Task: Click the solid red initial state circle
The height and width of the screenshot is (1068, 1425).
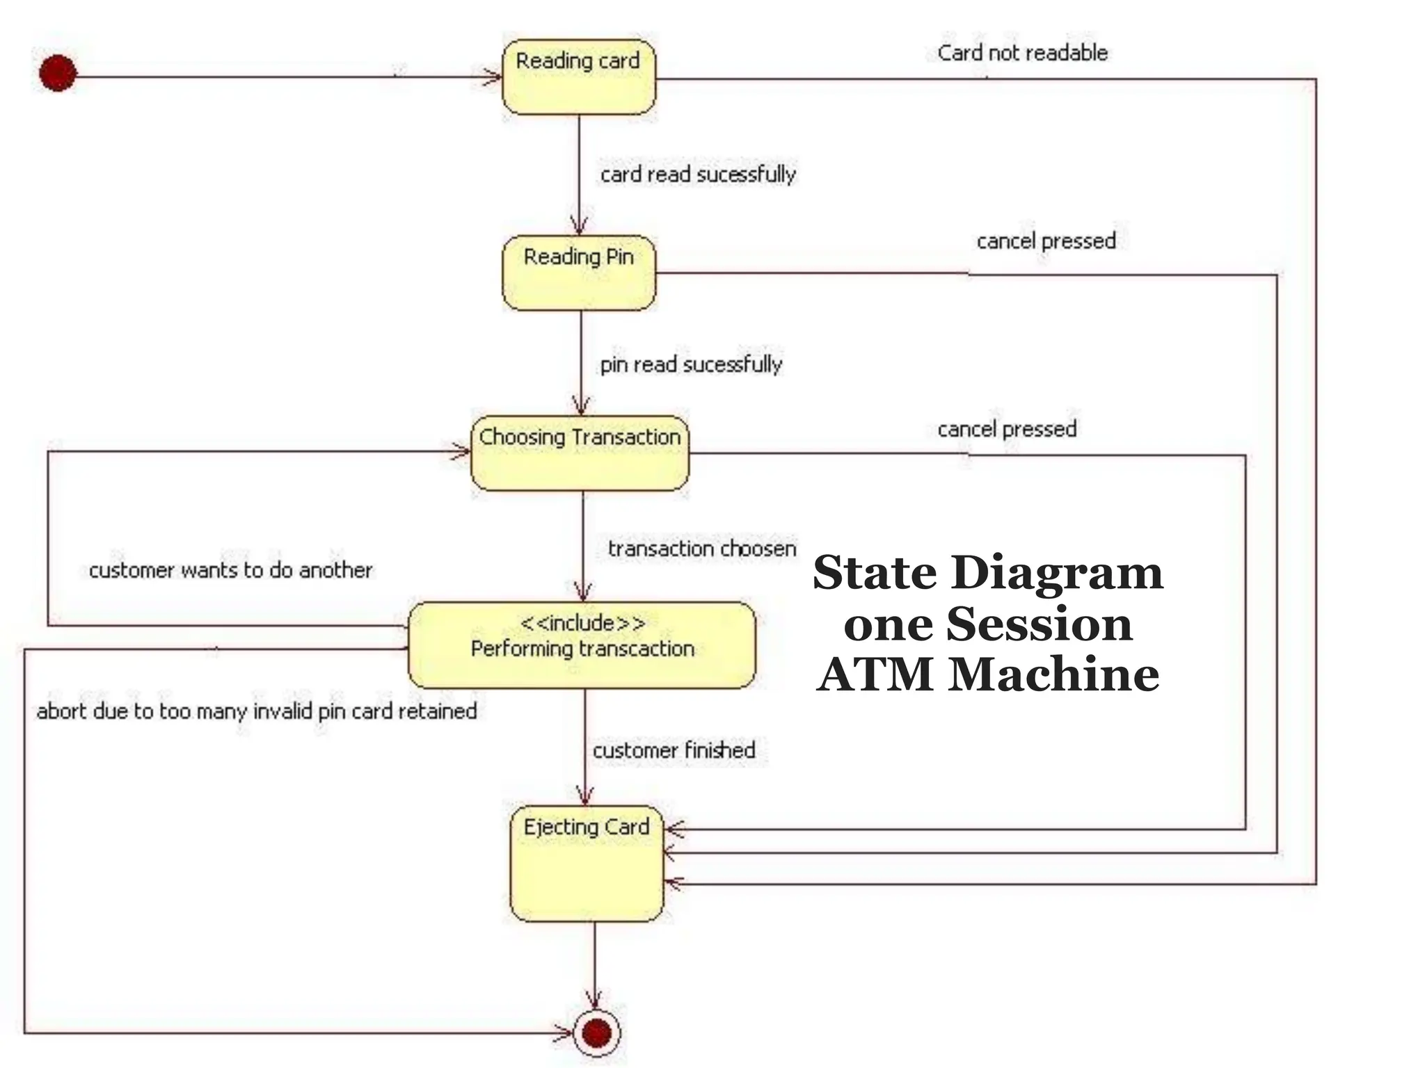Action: (58, 73)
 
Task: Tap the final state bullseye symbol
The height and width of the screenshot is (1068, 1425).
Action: (596, 1033)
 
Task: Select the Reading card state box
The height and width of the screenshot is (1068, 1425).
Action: (578, 77)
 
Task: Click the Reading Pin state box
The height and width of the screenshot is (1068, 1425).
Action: (578, 273)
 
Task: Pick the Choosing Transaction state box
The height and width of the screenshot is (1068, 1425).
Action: (580, 453)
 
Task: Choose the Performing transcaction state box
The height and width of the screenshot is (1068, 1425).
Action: (582, 645)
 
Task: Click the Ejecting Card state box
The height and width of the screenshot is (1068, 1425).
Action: (587, 864)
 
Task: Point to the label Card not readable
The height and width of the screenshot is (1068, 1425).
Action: (1021, 53)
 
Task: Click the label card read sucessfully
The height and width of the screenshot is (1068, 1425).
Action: (698, 174)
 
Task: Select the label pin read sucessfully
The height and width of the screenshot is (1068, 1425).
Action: (691, 364)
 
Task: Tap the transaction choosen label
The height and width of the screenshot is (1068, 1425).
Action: (702, 549)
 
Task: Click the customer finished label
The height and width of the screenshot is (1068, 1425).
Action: (674, 750)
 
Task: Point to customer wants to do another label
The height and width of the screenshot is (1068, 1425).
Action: (230, 570)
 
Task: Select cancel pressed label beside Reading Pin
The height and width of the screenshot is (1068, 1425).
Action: (1046, 241)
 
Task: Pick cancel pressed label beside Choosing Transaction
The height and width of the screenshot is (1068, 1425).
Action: (1007, 429)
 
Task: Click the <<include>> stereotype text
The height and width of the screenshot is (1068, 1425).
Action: (582, 623)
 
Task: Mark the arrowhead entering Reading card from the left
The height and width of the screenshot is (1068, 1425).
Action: (493, 76)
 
